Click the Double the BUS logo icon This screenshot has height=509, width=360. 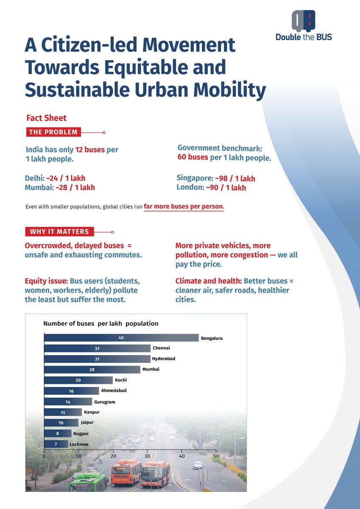pyautogui.click(x=304, y=20)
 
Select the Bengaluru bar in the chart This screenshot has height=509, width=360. pyautogui.click(x=121, y=338)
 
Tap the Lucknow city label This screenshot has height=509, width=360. pyautogui.click(x=79, y=444)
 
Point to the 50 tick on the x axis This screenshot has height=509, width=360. pyautogui.click(x=216, y=456)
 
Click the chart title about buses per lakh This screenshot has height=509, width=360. pyautogui.click(x=101, y=324)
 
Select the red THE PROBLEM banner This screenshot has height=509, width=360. pyautogui.click(x=53, y=132)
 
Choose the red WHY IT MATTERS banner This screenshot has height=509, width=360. pyautogui.click(x=59, y=232)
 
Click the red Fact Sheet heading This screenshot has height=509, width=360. pyautogui.click(x=46, y=118)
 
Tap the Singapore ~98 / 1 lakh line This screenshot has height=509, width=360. pyautogui.click(x=216, y=179)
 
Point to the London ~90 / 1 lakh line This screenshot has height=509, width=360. pyautogui.click(x=211, y=188)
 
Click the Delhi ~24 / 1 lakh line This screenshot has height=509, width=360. pyautogui.click(x=55, y=178)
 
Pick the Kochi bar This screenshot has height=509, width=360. pyautogui.click(x=79, y=380)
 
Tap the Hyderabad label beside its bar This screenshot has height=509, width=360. pyautogui.click(x=163, y=359)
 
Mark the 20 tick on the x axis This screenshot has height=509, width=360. pyautogui.click(x=113, y=456)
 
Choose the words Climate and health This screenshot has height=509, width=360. pyautogui.click(x=208, y=281)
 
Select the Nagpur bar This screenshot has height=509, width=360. pyautogui.click(x=58, y=433)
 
